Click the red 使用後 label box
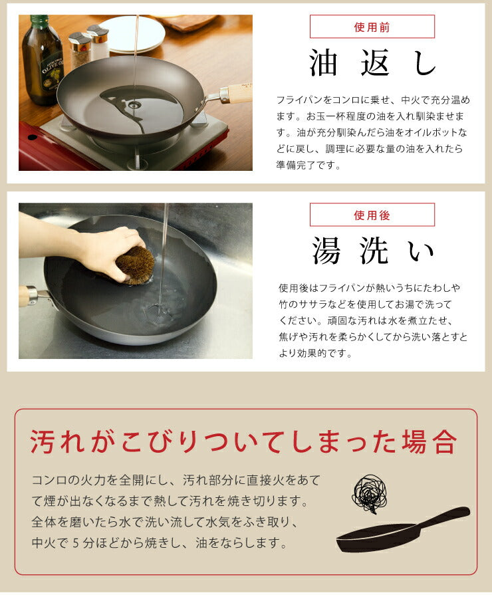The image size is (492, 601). coord(372,215)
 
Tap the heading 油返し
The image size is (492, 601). coord(373,64)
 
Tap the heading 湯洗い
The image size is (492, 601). coord(373,252)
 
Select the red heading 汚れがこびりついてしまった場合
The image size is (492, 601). coord(244,441)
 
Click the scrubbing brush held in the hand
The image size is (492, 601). coord(136,265)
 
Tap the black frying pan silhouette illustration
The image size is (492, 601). coord(399,532)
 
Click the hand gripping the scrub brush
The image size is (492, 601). coord(106,246)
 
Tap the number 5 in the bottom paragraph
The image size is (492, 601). coord(74,543)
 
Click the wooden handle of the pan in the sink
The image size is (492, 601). coord(25,295)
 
